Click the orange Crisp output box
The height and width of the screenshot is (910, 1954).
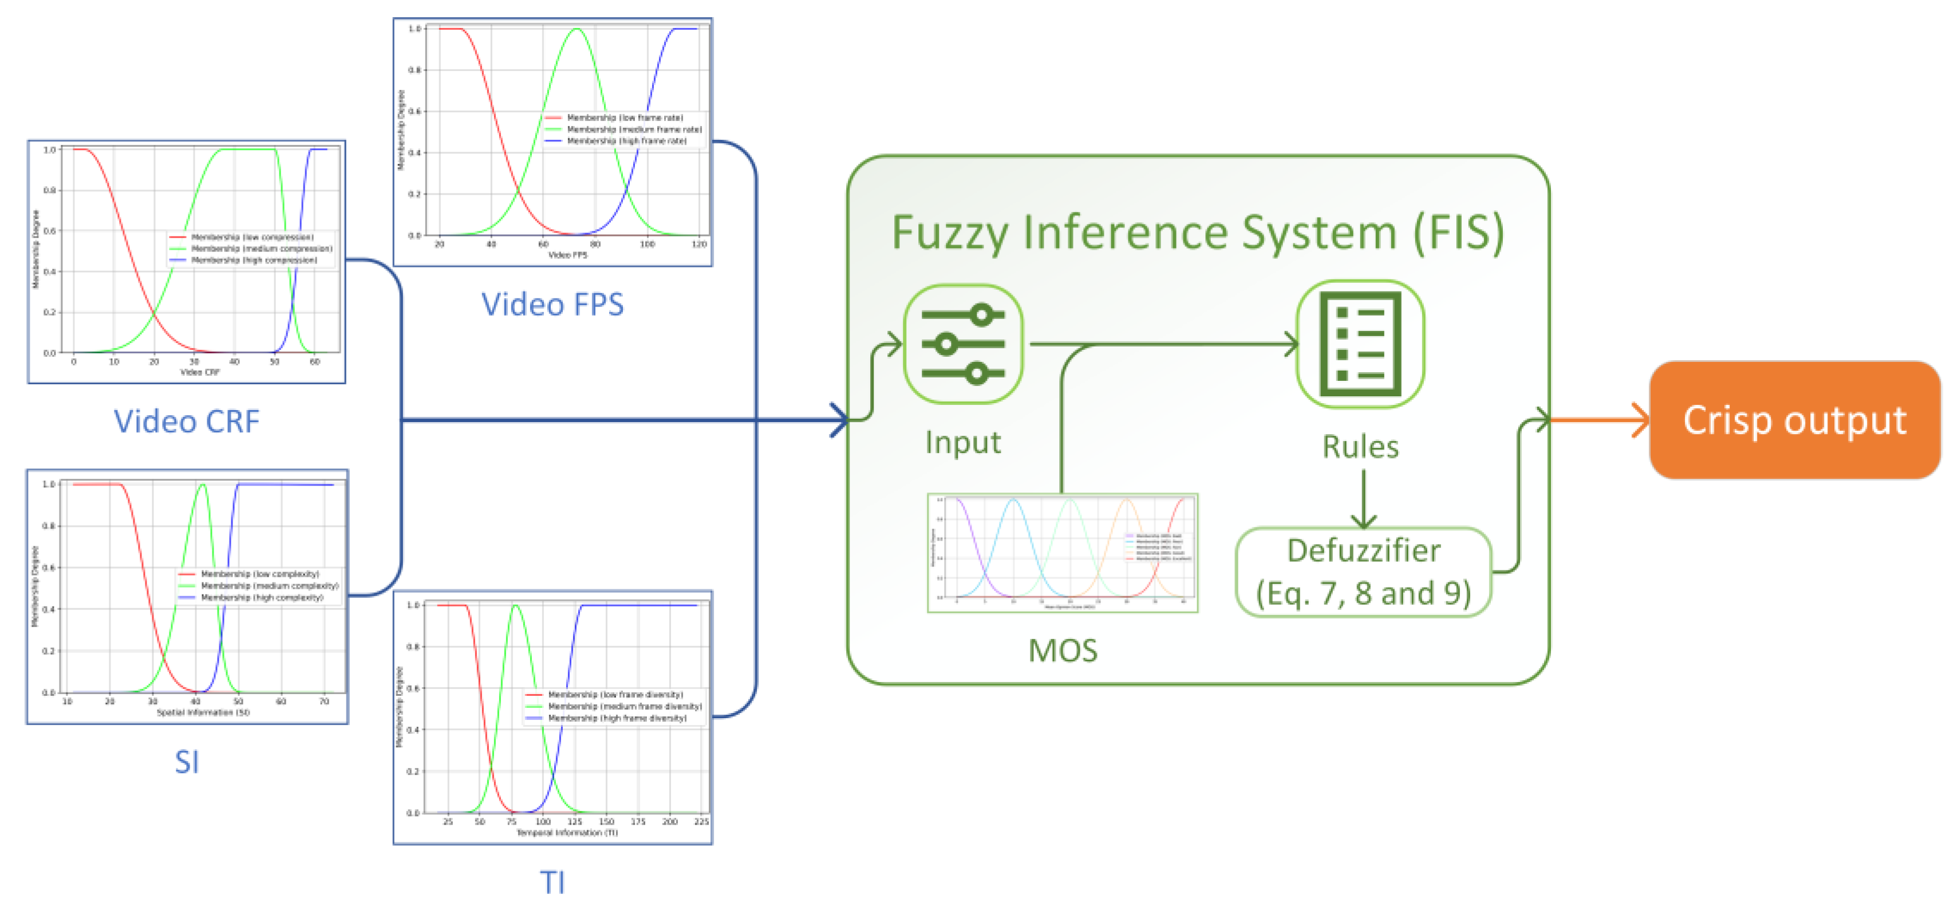(1793, 420)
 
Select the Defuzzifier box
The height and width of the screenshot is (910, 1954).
(1363, 572)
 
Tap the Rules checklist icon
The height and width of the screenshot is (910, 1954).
(1360, 344)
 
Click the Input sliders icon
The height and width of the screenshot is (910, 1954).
(962, 344)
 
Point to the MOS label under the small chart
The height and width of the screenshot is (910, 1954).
(1062, 651)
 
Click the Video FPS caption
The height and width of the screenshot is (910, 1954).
(552, 304)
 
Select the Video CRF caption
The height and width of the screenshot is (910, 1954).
(187, 421)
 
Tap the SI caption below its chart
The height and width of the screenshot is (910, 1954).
(187, 761)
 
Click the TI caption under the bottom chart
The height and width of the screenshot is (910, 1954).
(552, 882)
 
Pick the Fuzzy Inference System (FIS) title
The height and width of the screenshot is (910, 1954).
(1197, 233)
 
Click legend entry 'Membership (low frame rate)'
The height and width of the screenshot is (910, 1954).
(624, 117)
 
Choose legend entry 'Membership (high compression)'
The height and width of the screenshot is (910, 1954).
(254, 261)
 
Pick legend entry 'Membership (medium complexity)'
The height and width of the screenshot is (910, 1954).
(269, 586)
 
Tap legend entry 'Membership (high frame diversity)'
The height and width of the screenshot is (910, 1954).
(617, 718)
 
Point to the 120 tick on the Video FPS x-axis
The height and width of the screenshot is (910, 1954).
(698, 245)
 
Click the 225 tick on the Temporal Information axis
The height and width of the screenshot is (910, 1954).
(701, 822)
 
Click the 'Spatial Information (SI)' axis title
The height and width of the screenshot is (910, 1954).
(203, 712)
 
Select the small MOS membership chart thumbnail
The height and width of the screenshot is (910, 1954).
(1062, 553)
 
